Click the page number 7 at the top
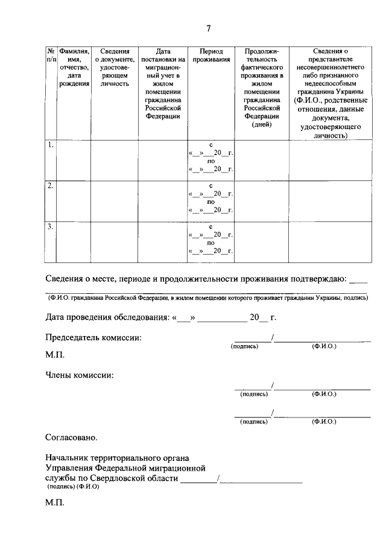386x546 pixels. (x=208, y=28)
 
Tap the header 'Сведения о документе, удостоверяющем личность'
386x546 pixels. (x=115, y=68)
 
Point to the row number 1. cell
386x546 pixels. (x=51, y=145)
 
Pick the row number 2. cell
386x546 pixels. (x=51, y=186)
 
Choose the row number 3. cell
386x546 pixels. (x=51, y=227)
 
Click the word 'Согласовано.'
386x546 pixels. (x=71, y=436)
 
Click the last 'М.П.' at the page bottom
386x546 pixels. (x=55, y=502)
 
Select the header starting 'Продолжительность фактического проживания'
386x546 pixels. (x=262, y=88)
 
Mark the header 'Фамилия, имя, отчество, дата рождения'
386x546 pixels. (x=75, y=68)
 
